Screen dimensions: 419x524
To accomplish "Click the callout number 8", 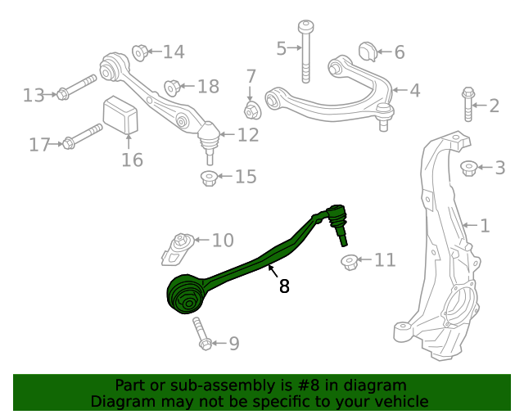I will tap(284, 286).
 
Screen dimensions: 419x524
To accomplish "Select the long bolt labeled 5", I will tap(305, 51).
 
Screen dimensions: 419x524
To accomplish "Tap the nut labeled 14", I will tap(139, 52).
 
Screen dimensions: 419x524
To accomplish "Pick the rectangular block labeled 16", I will tap(120, 115).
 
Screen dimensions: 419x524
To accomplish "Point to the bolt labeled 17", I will tap(83, 137).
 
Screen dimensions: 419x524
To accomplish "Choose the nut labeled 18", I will tap(172, 87).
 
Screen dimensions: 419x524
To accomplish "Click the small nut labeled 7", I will tap(251, 109).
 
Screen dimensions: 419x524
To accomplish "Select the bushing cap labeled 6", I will tap(368, 50).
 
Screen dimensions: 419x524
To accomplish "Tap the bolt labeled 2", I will tap(468, 104).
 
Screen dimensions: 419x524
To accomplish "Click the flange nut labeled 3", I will tap(468, 168).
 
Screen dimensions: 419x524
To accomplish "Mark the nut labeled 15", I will tap(209, 177).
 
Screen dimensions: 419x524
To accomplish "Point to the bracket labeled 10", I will tap(178, 247).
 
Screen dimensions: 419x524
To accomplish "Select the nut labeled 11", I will tap(350, 262).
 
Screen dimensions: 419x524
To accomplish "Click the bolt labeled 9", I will tap(201, 334).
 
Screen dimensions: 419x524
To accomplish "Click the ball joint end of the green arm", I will tap(335, 219).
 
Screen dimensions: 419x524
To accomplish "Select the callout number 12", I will tap(248, 134).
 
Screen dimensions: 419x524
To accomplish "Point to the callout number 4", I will tap(414, 91).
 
